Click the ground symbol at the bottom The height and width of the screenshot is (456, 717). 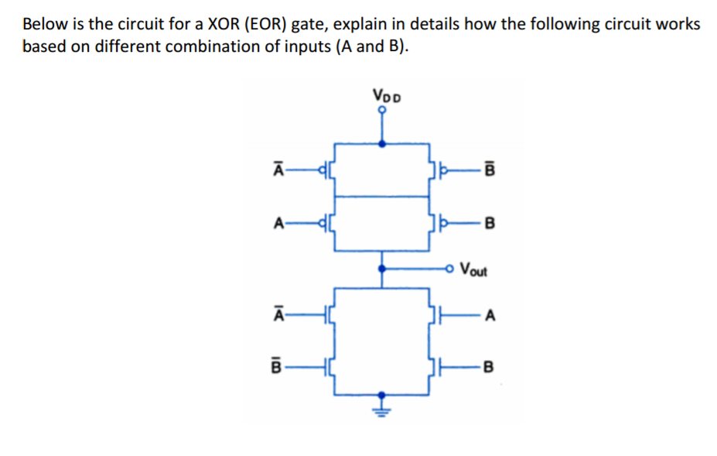coord(381,403)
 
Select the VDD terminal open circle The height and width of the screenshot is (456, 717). coord(381,110)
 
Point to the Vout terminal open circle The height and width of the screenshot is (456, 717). coord(450,269)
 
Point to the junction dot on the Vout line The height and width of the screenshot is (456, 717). coord(381,269)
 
